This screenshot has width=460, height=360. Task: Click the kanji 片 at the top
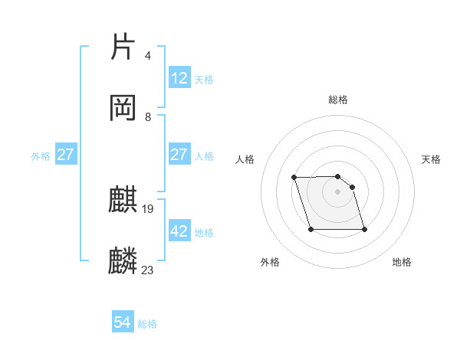tap(123, 47)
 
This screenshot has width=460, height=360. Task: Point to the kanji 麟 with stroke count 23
tap(123, 261)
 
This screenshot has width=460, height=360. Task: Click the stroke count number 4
tap(147, 56)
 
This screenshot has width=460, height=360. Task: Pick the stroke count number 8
tap(148, 116)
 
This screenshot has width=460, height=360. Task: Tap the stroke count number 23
tap(148, 270)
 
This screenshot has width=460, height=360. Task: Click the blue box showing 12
tap(179, 78)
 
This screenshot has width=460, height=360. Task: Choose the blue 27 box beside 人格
tap(179, 155)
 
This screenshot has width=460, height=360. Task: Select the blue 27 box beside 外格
tap(66, 155)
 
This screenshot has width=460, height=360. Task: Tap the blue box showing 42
tap(179, 231)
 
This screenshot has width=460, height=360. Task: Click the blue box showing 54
tap(123, 323)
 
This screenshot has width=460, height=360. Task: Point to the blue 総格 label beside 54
tap(147, 324)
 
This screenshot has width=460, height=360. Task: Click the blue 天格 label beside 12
tap(204, 79)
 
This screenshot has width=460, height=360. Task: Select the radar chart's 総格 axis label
tap(338, 100)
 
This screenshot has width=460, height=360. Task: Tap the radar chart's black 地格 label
tap(402, 263)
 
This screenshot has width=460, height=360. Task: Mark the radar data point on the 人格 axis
tap(294, 178)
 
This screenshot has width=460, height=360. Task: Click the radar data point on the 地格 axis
tap(364, 229)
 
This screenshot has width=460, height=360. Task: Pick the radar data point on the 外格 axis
tap(310, 229)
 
